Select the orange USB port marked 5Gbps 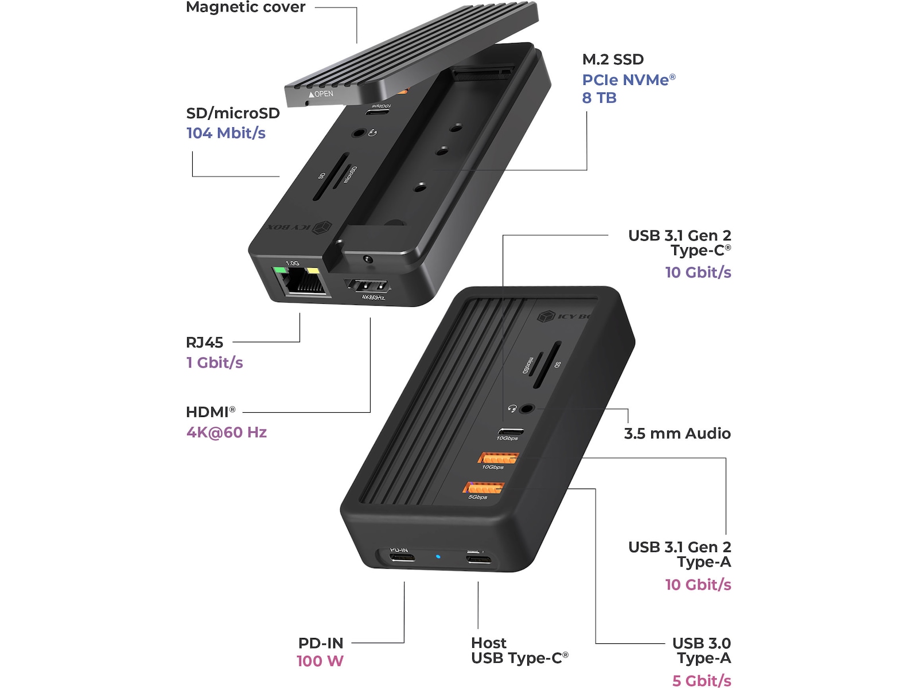[483, 488]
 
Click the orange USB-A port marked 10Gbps [498, 458]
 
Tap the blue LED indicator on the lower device [438, 556]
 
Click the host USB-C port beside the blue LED [479, 558]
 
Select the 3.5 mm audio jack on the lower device [527, 409]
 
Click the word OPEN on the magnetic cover [324, 93]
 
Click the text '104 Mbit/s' [225, 133]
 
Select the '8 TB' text [599, 98]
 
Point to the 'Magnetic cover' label [246, 7]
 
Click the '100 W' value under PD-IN [320, 661]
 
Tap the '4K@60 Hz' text [227, 432]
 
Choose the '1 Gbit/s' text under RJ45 [215, 362]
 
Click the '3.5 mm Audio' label [677, 433]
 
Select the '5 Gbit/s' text [701, 681]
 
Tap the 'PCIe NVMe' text [625, 80]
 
